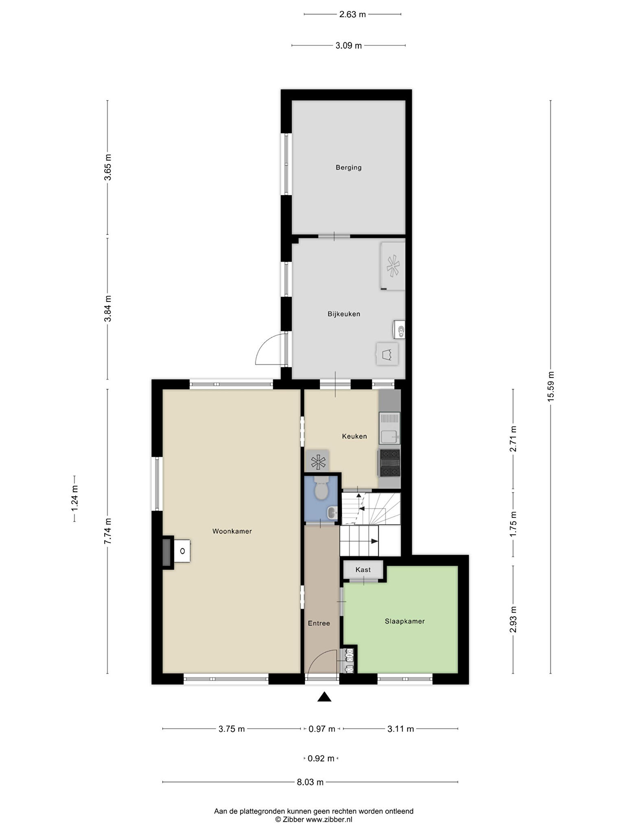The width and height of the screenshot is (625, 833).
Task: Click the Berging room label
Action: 348,167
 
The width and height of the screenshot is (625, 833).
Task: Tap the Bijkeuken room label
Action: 344,314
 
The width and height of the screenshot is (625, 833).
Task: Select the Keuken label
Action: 354,436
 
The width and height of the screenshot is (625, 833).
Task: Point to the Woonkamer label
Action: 232,531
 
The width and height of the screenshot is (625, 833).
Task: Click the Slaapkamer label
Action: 405,621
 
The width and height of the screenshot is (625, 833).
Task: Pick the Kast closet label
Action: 363,570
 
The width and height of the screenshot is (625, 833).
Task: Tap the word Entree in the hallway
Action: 319,623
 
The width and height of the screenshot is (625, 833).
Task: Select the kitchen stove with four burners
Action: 389,463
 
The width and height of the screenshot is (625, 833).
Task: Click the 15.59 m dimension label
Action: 551,386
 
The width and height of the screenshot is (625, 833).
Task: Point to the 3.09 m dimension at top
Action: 348,46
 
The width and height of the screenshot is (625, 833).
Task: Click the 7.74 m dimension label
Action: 107,531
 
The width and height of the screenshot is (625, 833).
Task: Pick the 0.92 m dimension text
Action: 321,758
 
